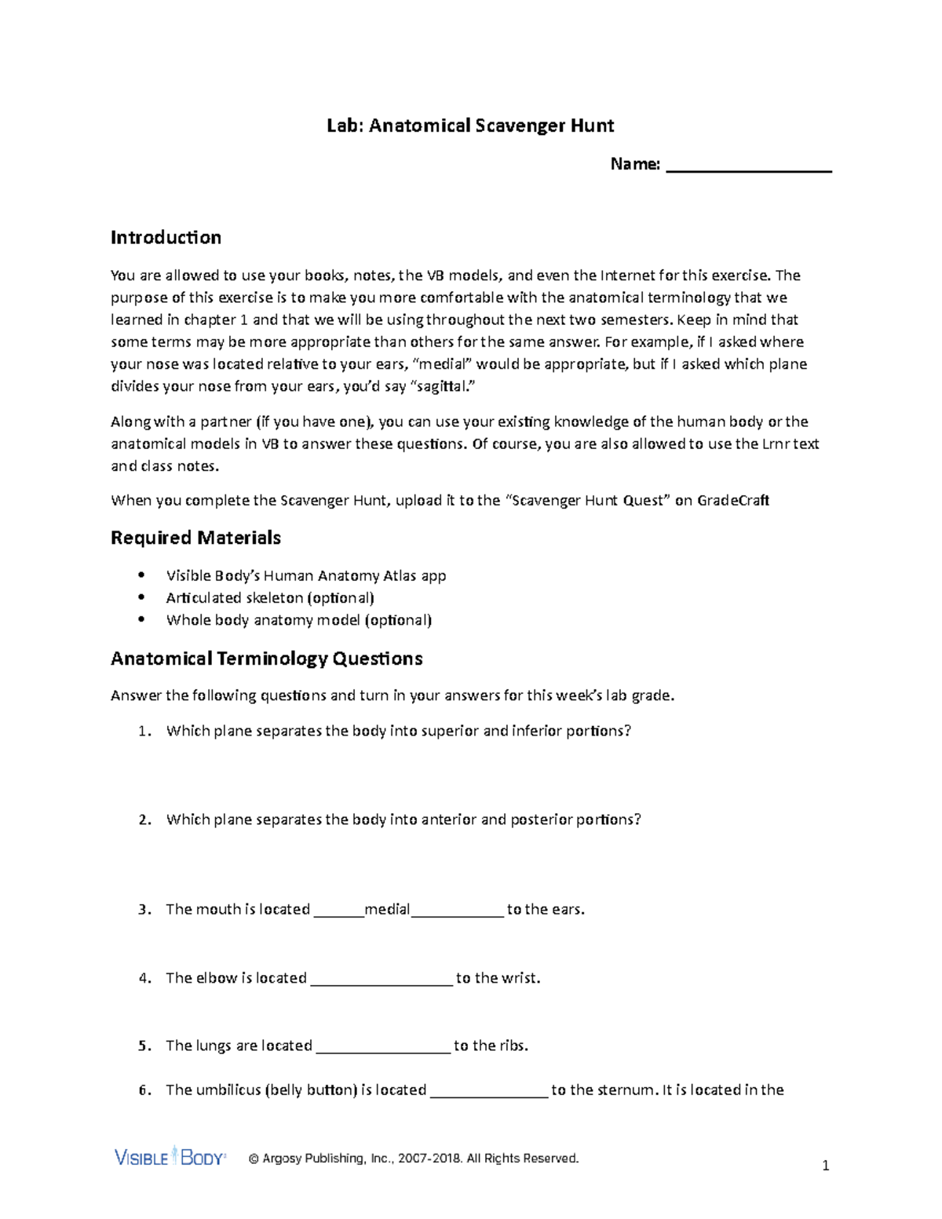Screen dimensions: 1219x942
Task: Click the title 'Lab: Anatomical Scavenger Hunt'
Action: click(470, 126)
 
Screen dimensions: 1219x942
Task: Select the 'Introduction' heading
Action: click(166, 237)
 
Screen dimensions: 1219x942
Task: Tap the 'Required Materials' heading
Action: click(195, 538)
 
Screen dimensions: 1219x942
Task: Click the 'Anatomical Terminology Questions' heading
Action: click(266, 659)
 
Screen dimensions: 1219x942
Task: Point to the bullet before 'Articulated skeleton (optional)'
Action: click(141, 597)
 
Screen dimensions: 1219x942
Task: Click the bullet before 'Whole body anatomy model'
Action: click(141, 619)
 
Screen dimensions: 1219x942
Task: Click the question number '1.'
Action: click(144, 731)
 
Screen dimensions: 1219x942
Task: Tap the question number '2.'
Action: click(144, 819)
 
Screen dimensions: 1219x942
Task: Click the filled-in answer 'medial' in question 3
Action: click(387, 909)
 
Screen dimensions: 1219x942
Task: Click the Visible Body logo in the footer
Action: click(170, 1157)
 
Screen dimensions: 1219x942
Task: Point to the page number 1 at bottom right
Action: click(825, 1166)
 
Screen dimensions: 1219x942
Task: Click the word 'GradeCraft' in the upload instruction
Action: click(733, 500)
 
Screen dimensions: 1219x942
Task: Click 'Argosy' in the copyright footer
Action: click(281, 1159)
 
